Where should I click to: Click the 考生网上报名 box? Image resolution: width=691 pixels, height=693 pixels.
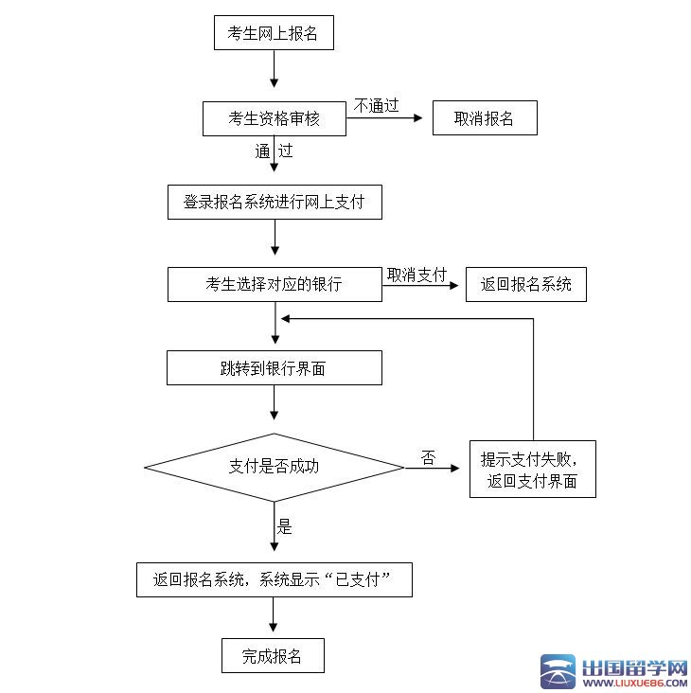274,34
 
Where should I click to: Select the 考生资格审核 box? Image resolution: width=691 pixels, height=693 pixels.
274,118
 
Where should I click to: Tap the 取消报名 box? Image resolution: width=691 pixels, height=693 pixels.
485,118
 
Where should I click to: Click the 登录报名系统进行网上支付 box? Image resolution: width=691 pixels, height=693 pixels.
275,202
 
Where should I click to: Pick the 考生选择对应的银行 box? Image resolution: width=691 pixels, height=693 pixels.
275,284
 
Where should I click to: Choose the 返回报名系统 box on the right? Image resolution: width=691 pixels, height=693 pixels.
525,284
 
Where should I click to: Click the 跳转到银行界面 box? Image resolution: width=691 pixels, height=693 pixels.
275,368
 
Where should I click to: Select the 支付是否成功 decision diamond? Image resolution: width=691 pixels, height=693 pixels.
275,466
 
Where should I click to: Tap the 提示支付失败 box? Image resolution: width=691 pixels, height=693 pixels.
532,469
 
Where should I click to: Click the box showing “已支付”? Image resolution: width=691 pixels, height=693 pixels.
275,579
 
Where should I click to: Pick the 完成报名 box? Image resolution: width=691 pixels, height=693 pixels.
273,656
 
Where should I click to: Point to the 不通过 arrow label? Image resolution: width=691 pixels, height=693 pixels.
377,105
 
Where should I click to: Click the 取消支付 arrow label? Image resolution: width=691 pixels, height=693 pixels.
416,274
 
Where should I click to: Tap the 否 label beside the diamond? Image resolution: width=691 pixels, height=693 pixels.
429,458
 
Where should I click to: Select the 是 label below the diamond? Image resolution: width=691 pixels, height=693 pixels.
285,527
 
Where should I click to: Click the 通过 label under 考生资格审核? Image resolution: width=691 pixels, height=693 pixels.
274,151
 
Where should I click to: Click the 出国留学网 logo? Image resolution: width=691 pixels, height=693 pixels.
615,671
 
